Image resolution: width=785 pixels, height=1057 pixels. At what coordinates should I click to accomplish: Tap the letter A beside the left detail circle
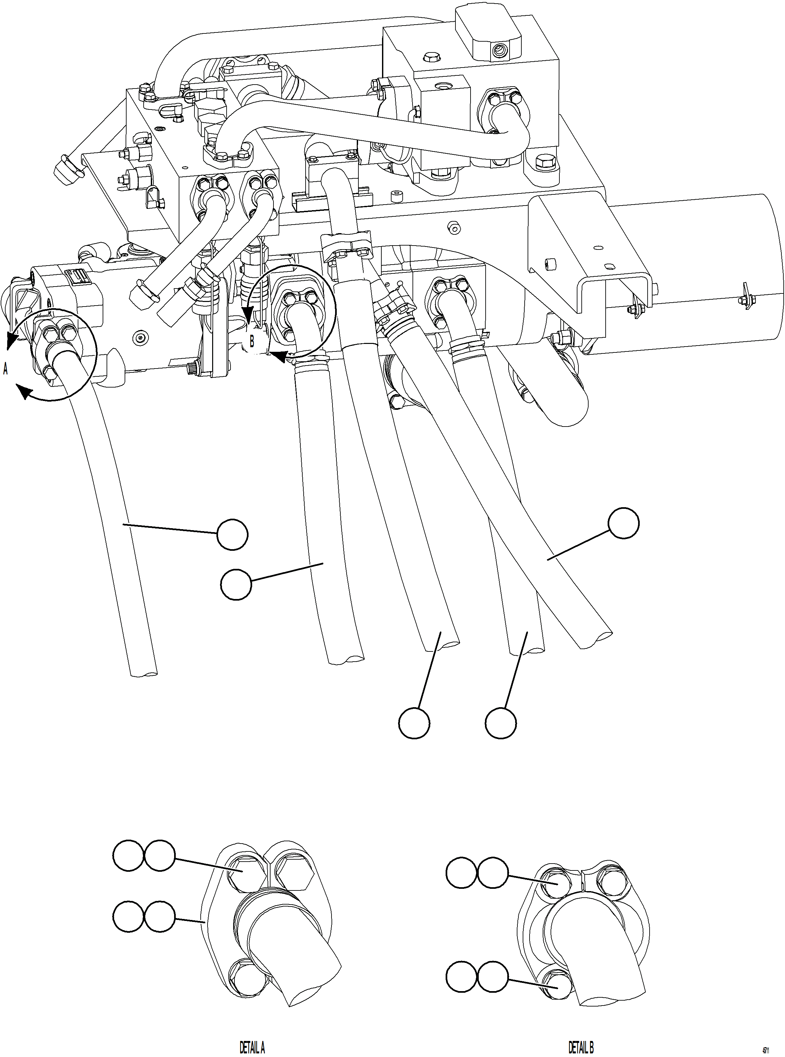coord(6,369)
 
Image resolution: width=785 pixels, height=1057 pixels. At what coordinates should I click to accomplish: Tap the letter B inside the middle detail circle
coord(252,341)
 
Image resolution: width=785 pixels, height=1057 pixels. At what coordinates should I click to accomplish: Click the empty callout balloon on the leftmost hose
coord(232,534)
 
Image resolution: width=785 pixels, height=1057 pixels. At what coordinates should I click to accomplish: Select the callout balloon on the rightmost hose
coord(624,523)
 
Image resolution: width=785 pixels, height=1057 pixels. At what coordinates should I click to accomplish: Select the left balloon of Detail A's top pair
coord(128,856)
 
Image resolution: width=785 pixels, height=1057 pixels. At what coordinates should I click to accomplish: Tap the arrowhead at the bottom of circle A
coord(24,393)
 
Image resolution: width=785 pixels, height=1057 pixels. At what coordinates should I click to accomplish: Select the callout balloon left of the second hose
coord(236,585)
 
